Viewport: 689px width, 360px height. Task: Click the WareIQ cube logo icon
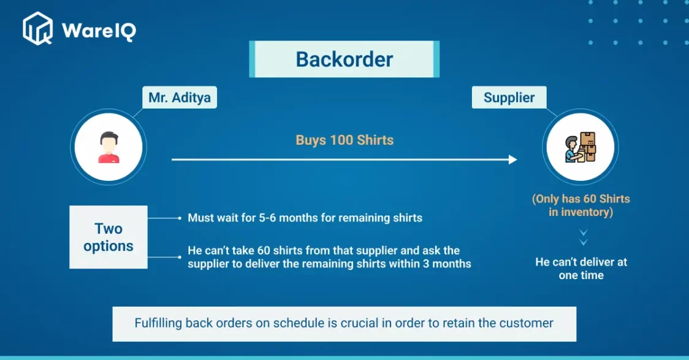click(38, 29)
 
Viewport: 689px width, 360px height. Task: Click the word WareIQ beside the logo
click(99, 31)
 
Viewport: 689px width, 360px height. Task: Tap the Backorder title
click(344, 59)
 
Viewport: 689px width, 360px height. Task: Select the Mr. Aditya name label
click(179, 97)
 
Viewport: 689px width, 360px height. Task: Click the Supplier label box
click(509, 97)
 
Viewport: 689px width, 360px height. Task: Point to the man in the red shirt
click(108, 147)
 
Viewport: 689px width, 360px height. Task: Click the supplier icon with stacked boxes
click(581, 147)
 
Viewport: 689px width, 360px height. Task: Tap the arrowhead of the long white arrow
click(513, 159)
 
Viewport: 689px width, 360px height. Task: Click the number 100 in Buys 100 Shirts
click(342, 140)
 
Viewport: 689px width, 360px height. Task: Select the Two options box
click(108, 237)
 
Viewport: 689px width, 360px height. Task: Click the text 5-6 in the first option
click(267, 218)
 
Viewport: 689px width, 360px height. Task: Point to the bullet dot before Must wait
click(180, 218)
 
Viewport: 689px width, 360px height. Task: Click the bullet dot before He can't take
click(180, 257)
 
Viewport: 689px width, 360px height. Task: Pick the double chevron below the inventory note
click(583, 237)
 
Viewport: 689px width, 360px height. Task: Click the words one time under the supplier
click(581, 275)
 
